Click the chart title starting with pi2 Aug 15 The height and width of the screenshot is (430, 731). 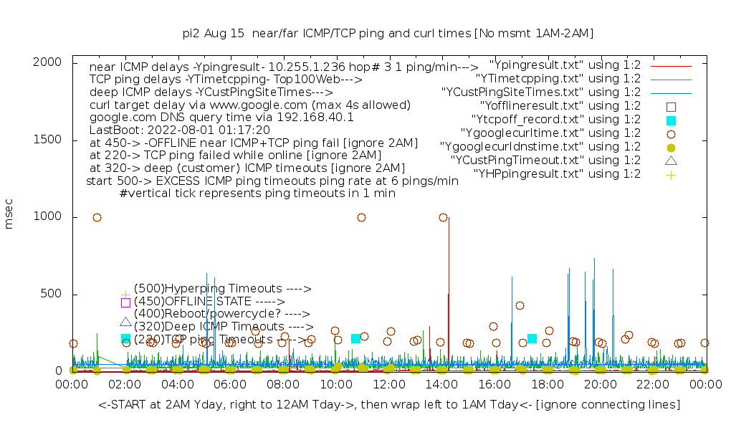388,33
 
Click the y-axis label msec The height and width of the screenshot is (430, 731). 9,216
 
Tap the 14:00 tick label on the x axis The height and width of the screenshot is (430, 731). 441,385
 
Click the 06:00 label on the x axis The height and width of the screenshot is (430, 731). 230,385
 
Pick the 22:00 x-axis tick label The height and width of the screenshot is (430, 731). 652,385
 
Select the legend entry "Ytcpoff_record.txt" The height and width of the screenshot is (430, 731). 556,120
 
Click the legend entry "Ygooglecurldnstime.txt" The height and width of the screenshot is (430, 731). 540,147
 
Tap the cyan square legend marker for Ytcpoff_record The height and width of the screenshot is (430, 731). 671,120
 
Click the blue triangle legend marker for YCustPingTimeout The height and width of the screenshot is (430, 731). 671,160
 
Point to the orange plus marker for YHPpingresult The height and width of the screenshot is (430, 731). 671,174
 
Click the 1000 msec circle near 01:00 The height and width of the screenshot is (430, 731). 97,217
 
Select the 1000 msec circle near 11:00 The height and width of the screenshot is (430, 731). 361,217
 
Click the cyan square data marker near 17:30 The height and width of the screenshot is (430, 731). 532,338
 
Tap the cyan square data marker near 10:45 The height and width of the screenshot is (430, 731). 355,338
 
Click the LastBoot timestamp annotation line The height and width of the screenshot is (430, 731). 179,130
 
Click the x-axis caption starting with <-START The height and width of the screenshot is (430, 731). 389,405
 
